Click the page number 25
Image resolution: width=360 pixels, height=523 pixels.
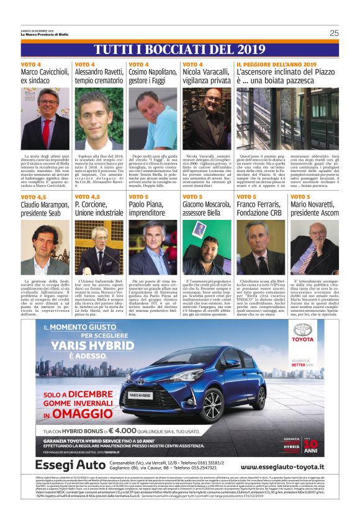[333, 33]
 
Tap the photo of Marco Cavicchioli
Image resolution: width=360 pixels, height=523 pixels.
[45, 119]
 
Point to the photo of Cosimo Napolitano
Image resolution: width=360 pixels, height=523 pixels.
[152, 119]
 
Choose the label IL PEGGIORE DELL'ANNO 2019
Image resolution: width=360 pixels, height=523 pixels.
[276, 64]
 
